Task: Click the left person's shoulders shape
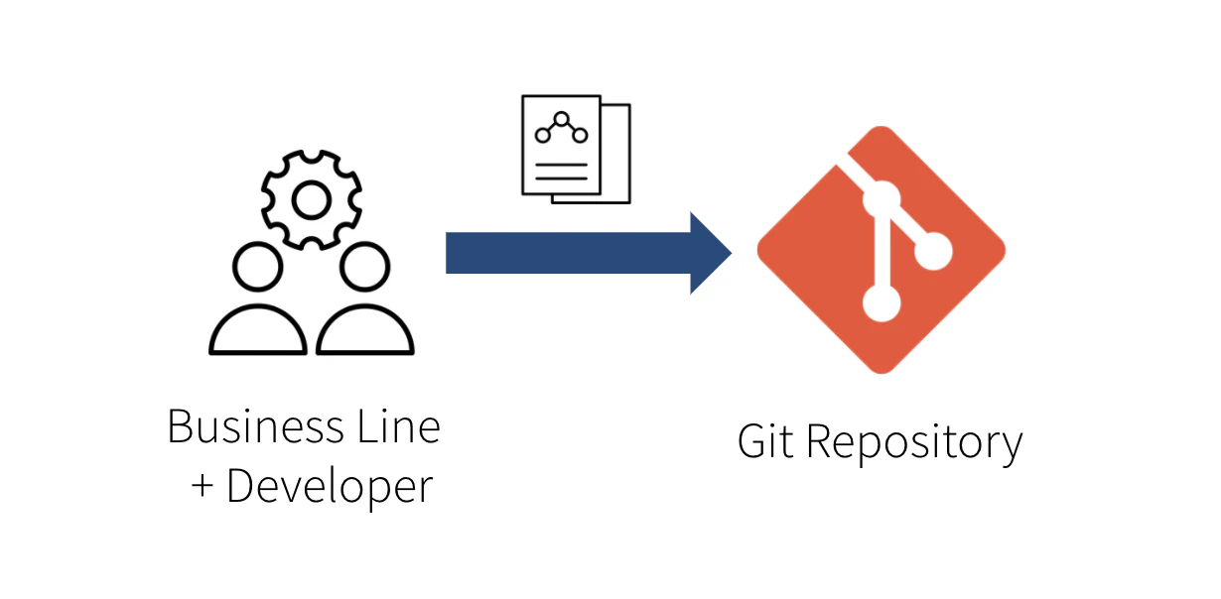tap(258, 331)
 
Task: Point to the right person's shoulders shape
tap(364, 331)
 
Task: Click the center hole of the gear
tap(311, 202)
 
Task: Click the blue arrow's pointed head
tap(711, 253)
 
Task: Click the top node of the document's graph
tap(561, 118)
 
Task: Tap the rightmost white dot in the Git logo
tap(933, 253)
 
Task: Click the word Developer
tap(330, 487)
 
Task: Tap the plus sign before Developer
tap(203, 487)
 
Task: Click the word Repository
tap(913, 443)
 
